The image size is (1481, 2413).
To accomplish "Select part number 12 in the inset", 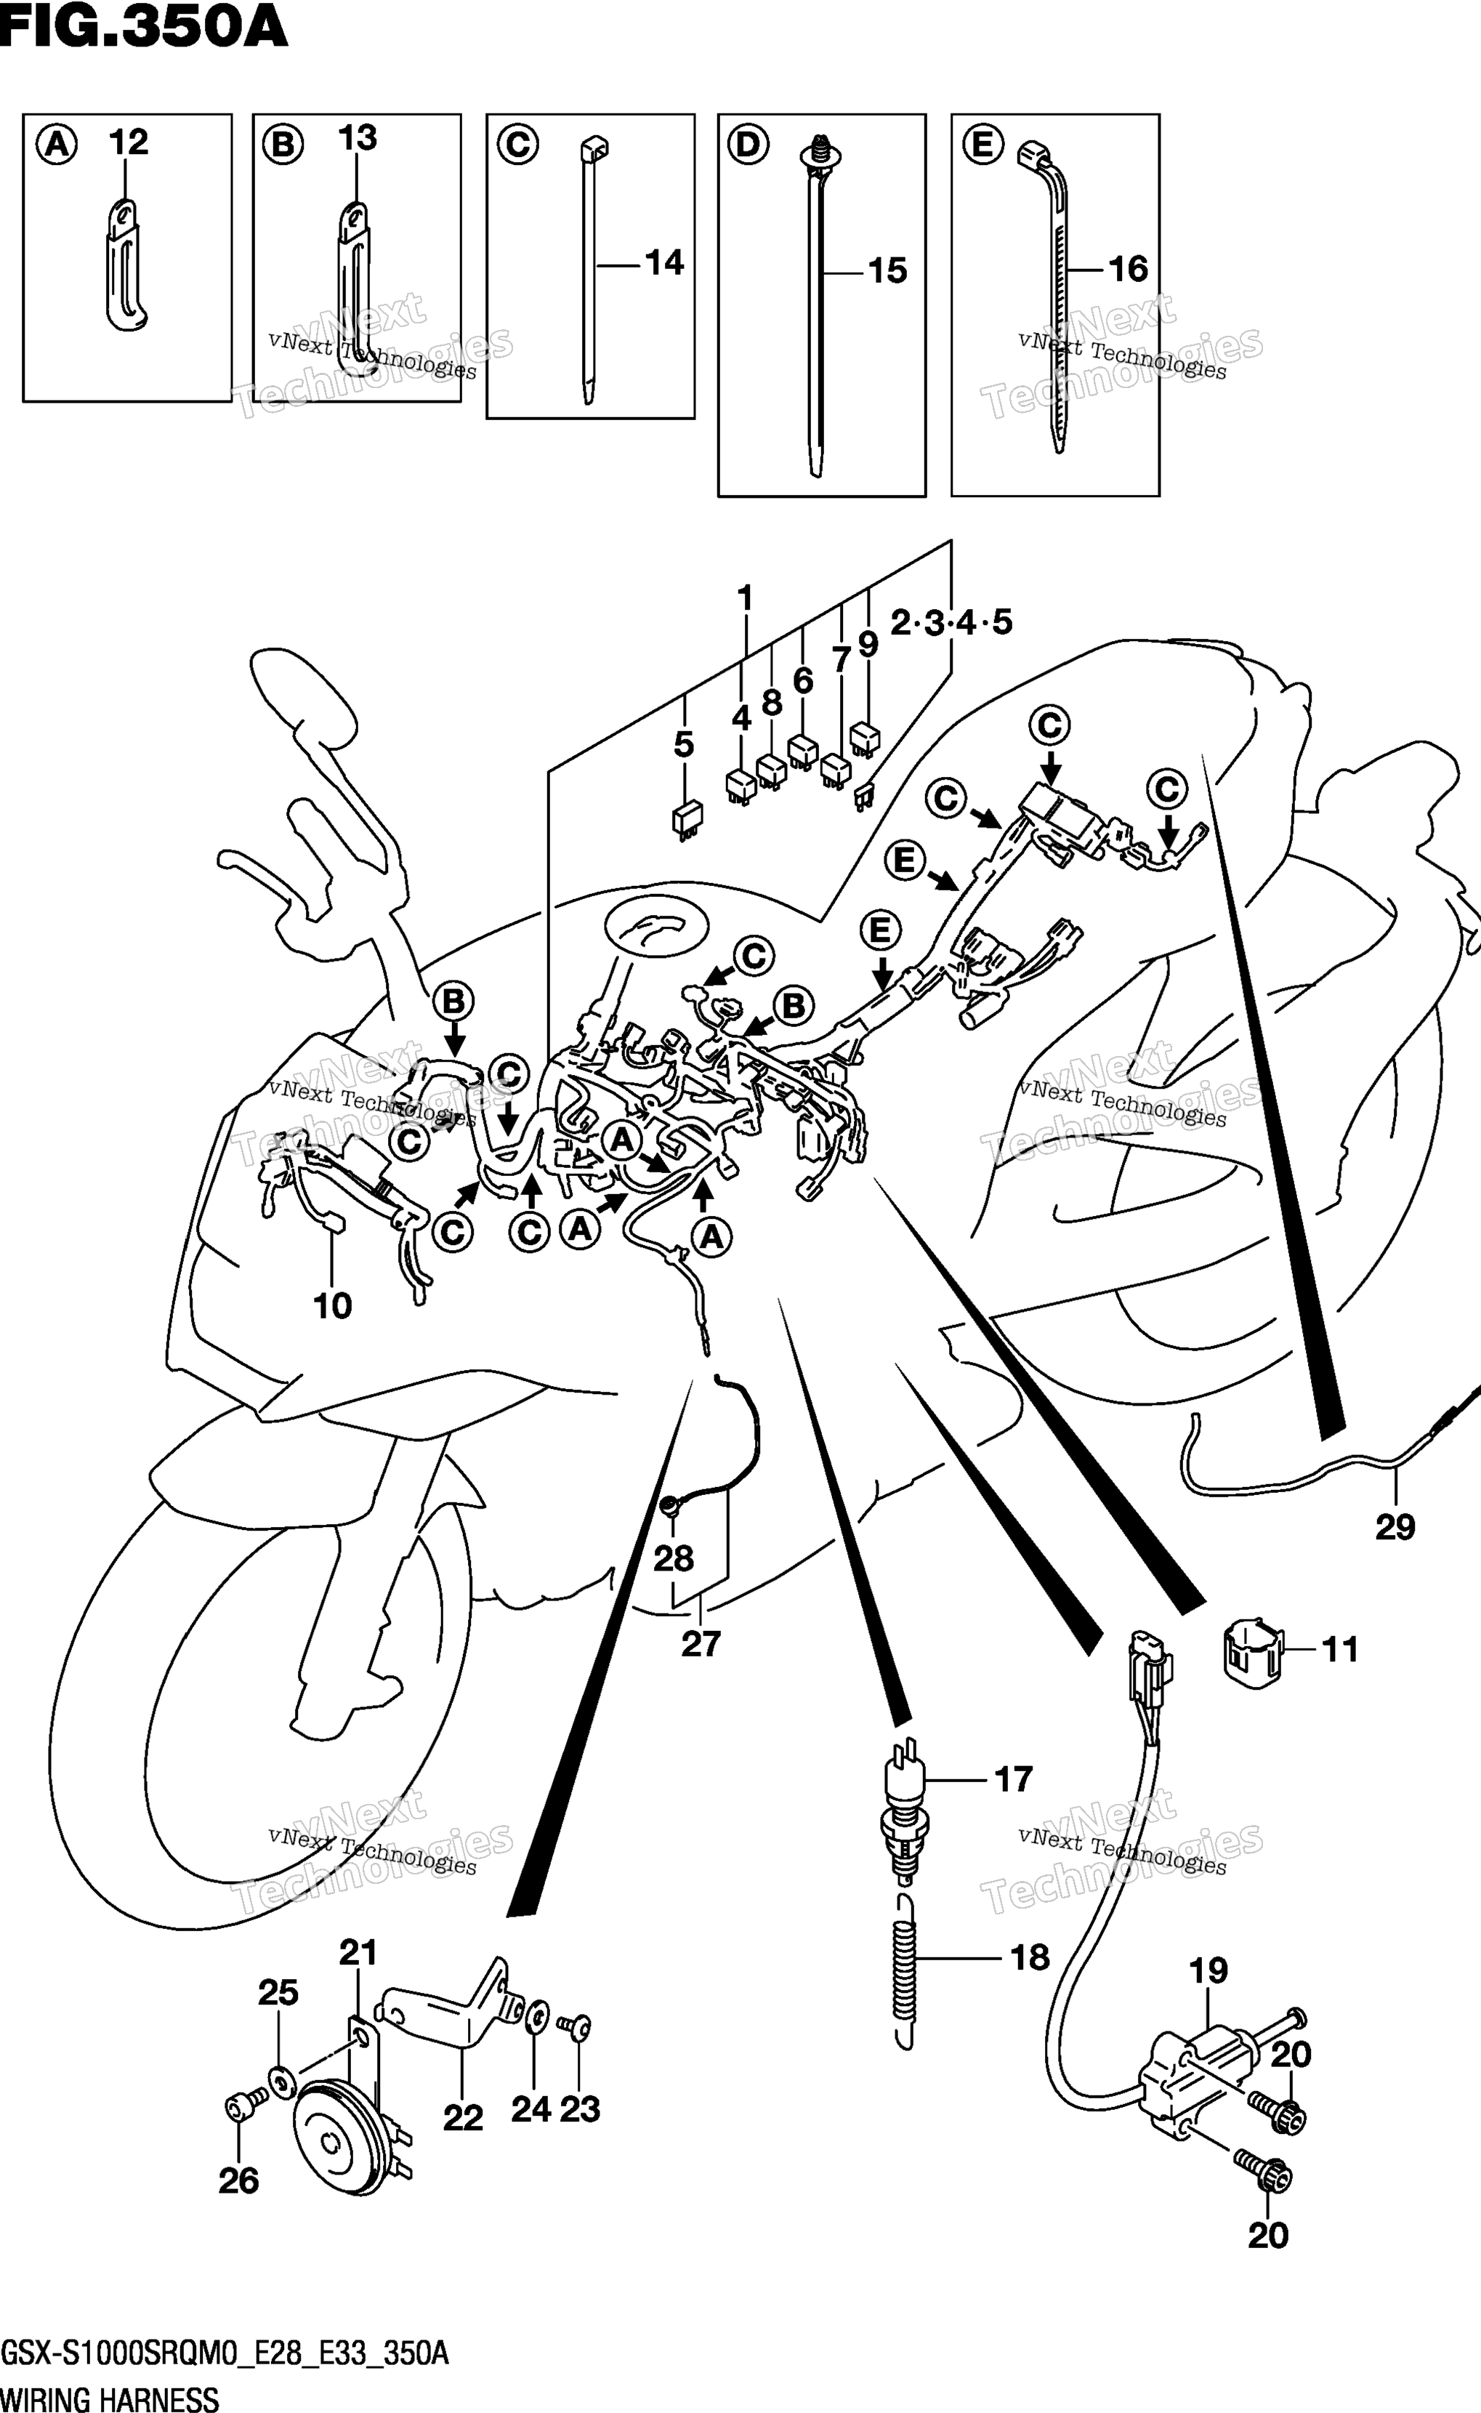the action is coord(129,142).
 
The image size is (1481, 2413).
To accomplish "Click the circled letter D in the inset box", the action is coord(747,145).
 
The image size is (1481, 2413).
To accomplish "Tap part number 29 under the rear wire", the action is coord(1395,1526).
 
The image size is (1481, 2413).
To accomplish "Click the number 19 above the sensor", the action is coord(1208,1970).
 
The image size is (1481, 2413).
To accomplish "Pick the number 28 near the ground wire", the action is coord(674,1559).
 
